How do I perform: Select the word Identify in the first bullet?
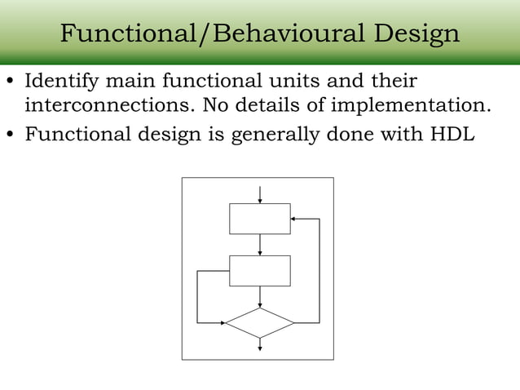59,82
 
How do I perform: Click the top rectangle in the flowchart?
259,219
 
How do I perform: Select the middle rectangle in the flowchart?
259,271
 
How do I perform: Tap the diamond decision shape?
259,323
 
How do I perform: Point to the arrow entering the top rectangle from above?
259,194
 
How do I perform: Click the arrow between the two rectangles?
259,245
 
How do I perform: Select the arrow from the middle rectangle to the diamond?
259,297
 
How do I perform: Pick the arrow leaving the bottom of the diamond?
259,344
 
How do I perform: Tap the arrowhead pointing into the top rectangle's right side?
294,219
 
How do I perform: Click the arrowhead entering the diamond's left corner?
223,323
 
